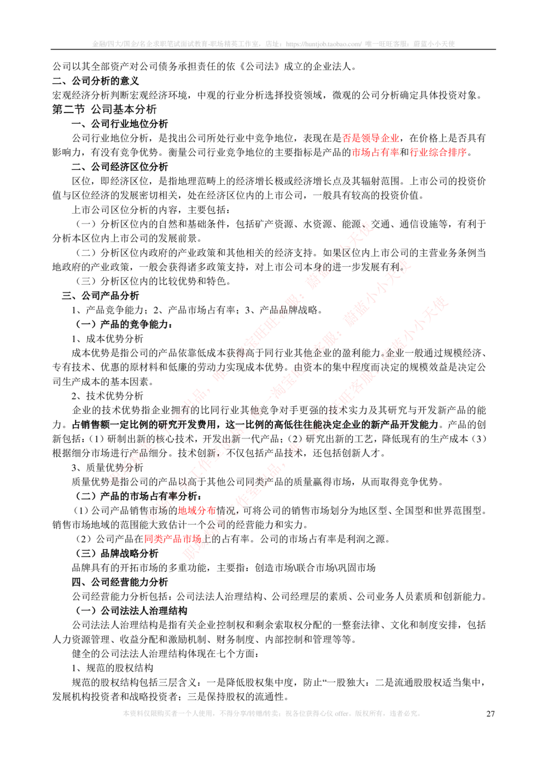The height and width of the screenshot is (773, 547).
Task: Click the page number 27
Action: tap(490, 713)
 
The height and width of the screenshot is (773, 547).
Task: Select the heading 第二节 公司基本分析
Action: tap(104, 109)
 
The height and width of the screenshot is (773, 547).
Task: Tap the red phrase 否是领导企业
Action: tap(370, 138)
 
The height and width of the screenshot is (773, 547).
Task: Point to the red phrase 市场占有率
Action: tap(375, 152)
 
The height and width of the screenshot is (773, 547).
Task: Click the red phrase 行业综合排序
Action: tap(438, 152)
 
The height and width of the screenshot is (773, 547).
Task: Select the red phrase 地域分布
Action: tap(196, 510)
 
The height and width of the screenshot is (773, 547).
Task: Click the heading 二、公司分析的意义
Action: tap(96, 81)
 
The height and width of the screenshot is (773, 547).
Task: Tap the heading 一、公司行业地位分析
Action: tap(120, 124)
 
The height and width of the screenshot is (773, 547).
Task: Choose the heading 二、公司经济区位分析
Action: tap(120, 167)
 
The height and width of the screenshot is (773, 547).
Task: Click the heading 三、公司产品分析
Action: tap(101, 296)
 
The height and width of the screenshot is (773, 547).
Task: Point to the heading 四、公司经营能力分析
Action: tap(120, 582)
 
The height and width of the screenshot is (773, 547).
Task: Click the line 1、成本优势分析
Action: tap(107, 338)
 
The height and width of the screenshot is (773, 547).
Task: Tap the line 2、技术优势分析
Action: tap(107, 396)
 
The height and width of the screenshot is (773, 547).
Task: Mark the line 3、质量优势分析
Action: tap(107, 467)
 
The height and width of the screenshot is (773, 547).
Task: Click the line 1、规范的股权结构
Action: tap(112, 667)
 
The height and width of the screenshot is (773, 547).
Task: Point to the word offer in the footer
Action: tap(341, 713)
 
